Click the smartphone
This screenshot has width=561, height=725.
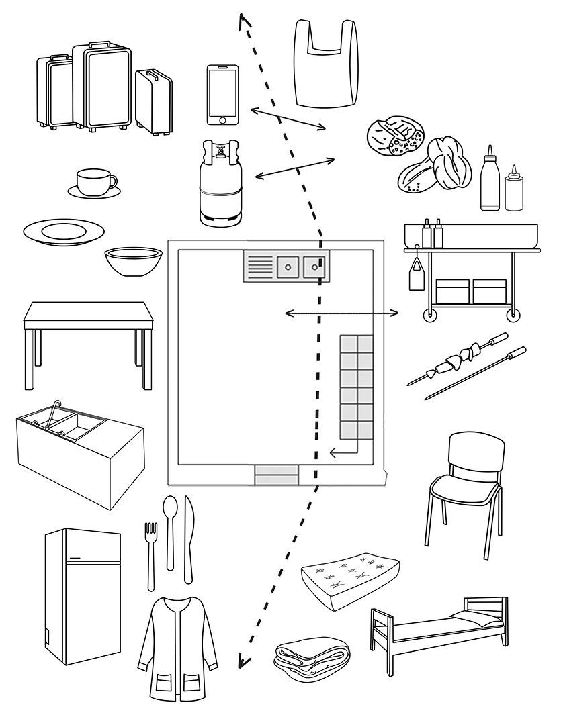[x=222, y=95]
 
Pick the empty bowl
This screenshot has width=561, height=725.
[x=133, y=261]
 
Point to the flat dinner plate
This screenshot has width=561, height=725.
[x=64, y=232]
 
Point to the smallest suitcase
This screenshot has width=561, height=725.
[x=153, y=101]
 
